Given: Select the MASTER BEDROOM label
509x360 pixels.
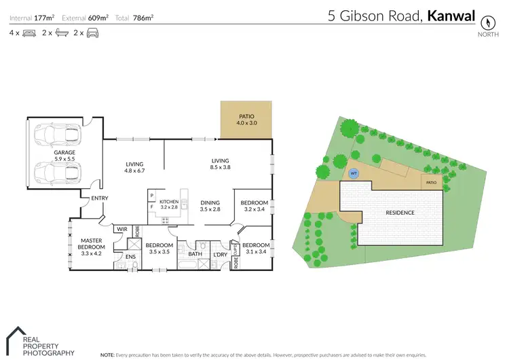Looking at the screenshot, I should pyautogui.click(x=91, y=244).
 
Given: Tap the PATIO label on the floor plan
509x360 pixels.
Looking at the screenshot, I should pyautogui.click(x=246, y=116).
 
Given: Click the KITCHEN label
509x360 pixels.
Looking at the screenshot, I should pyautogui.click(x=169, y=202).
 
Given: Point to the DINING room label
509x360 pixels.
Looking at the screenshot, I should pyautogui.click(x=210, y=202).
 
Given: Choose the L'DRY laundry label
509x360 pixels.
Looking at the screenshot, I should pyautogui.click(x=219, y=254).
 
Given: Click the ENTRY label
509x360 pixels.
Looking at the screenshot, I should pyautogui.click(x=90, y=198).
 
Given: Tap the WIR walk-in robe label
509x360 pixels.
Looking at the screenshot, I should pyautogui.click(x=122, y=229).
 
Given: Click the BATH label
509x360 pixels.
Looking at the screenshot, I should pyautogui.click(x=195, y=254).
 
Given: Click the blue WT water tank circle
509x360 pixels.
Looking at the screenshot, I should pyautogui.click(x=353, y=173).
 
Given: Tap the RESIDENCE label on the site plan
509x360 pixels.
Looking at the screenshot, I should pyautogui.click(x=400, y=213).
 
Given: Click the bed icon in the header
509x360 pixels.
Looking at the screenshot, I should pyautogui.click(x=29, y=33).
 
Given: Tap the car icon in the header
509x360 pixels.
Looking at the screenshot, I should pyautogui.click(x=92, y=33).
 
